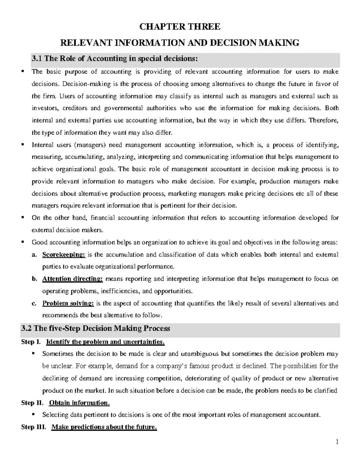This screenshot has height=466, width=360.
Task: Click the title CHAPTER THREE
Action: [x=180, y=27]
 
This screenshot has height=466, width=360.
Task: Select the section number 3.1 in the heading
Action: [x=37, y=59]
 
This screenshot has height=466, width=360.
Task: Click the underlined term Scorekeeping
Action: [x=64, y=255]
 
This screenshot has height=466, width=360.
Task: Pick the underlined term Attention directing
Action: [x=73, y=279]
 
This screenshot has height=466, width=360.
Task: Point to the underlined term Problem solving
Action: [x=68, y=303]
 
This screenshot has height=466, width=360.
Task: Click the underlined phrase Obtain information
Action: [x=79, y=403]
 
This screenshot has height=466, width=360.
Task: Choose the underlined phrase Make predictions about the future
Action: [x=104, y=427]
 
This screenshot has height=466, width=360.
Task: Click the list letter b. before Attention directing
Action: [x=34, y=279]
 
